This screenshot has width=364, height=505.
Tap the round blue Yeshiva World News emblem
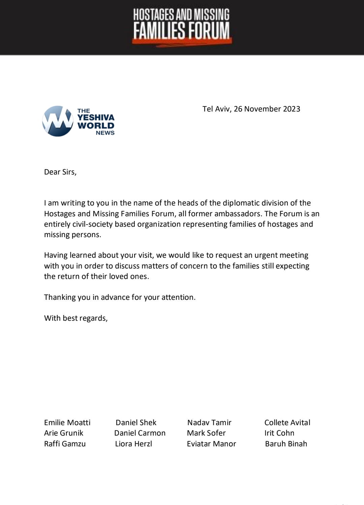pyautogui.click(x=58, y=121)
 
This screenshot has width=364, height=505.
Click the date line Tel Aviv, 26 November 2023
pyautogui.click(x=251, y=109)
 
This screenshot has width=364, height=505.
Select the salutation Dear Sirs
pyautogui.click(x=60, y=172)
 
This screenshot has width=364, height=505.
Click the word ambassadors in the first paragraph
pyautogui.click(x=237, y=214)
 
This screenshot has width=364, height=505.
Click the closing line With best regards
pyautogui.click(x=76, y=318)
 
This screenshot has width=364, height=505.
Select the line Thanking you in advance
pyautogui.click(x=120, y=297)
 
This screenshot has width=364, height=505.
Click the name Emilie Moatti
pyautogui.click(x=67, y=422)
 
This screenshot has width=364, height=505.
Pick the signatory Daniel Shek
pyautogui.click(x=136, y=422)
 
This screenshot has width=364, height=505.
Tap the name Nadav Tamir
pyautogui.click(x=209, y=422)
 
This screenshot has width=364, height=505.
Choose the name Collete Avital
pyautogui.click(x=287, y=422)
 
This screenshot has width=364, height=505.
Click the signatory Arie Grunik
pyautogui.click(x=64, y=433)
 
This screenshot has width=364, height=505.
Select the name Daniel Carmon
pyautogui.click(x=140, y=433)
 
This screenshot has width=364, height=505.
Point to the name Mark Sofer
pyautogui.click(x=206, y=433)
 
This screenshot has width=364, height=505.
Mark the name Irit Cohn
pyautogui.click(x=279, y=433)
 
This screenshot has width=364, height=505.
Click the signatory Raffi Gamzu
pyautogui.click(x=65, y=444)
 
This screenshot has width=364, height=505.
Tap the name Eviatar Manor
pyautogui.click(x=211, y=444)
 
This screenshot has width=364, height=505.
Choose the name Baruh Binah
pyautogui.click(x=286, y=444)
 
